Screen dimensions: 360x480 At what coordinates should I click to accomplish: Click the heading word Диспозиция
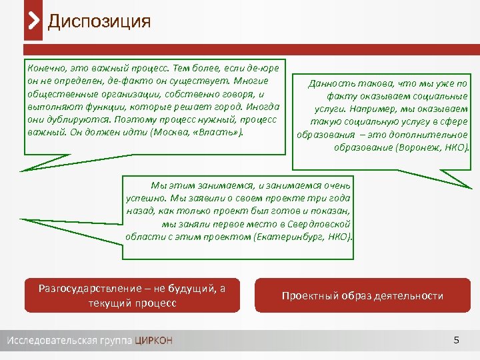pos(99,21)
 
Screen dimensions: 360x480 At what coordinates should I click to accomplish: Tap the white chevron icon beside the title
pos(34,21)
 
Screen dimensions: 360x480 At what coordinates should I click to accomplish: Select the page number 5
pos(456,341)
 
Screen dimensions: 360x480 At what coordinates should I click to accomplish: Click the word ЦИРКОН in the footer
pos(153,341)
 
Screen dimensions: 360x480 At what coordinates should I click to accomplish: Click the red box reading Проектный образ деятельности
pos(362,296)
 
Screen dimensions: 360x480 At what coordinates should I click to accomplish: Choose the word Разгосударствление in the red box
pos(80,289)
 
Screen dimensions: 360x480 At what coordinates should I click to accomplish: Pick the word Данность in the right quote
pos(330,83)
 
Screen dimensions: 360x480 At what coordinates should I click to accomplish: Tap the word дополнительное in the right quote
pos(434,134)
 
